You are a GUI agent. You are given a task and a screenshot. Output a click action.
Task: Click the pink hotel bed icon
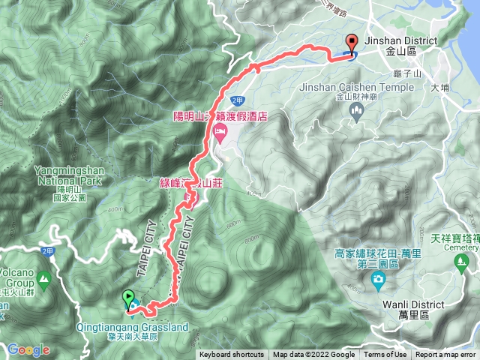click(x=220, y=134)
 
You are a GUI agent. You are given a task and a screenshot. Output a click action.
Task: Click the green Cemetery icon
click(x=461, y=260)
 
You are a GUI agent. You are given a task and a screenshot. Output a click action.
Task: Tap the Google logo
click(x=28, y=349)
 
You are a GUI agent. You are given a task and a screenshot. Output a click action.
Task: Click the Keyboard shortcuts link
click(x=232, y=355)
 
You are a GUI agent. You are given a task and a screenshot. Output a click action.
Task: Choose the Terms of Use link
click(x=385, y=355)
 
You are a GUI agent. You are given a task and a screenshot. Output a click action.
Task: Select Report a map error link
click(x=447, y=355)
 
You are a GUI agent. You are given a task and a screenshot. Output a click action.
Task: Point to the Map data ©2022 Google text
click(x=313, y=355)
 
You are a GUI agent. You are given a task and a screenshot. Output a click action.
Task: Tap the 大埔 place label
click(x=440, y=88)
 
